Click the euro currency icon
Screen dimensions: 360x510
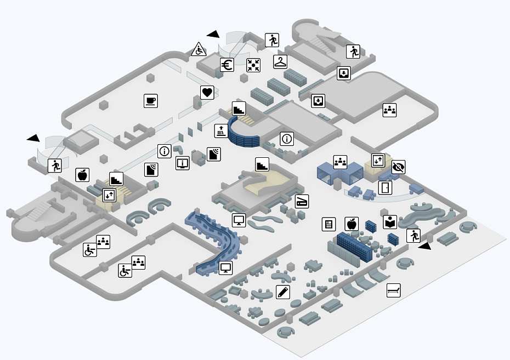point(228,65)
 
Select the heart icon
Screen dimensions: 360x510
point(207,92)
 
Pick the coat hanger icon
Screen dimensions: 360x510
point(281,61)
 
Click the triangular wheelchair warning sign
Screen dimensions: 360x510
point(199,50)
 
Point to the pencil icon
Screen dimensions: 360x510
point(283,292)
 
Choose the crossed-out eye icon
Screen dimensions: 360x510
point(399,167)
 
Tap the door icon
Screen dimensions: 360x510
point(386,188)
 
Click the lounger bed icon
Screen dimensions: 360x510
point(393,290)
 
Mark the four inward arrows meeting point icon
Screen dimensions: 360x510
point(253,65)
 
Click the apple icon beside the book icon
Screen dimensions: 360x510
point(351,224)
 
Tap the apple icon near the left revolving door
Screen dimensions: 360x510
point(82,175)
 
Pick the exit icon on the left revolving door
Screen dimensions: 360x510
point(54,165)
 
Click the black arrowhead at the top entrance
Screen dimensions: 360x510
point(213,34)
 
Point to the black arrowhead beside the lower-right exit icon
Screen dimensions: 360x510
point(424,247)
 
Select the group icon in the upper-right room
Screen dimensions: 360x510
point(390,110)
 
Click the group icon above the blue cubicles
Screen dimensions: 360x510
point(341,162)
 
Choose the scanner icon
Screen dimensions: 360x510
point(302,201)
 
